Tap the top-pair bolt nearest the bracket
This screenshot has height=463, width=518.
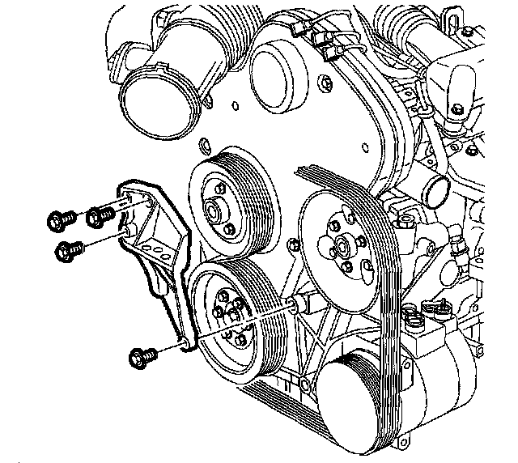click(x=99, y=215)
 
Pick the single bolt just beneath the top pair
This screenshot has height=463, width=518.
click(x=66, y=251)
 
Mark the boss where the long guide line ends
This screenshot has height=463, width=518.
click(x=294, y=304)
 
